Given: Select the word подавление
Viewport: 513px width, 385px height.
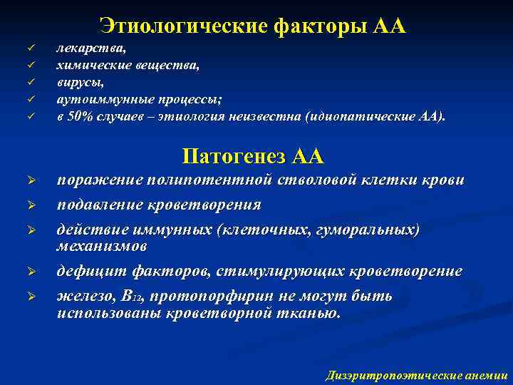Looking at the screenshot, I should pyautogui.click(x=100, y=205).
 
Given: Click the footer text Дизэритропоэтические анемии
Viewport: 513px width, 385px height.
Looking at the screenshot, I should pyautogui.click(x=416, y=374).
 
